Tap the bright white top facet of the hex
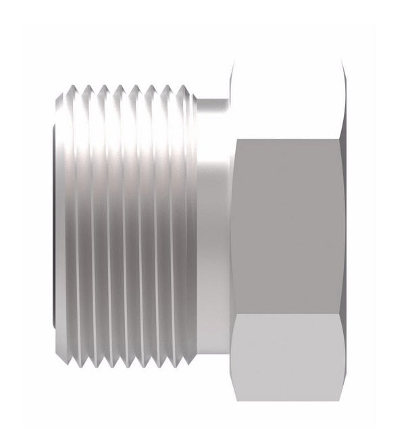pyautogui.click(x=287, y=95)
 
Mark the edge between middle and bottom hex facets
pyautogui.click(x=287, y=313)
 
